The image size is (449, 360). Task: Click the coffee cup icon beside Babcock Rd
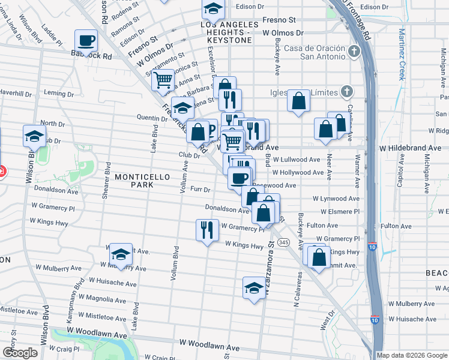coord(86,41)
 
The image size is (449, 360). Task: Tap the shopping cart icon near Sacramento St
coord(163,80)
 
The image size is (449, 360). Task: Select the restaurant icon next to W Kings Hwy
coord(206,230)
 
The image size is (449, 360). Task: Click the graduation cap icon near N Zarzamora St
coord(255,287)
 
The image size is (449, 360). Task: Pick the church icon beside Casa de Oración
coord(354,50)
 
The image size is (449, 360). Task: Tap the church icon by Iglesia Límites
coord(345,91)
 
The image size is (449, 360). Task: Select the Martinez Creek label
coord(402,56)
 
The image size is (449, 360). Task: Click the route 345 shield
coord(284,242)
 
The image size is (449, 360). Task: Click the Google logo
coord(19,353)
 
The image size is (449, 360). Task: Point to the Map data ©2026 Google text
coord(411,355)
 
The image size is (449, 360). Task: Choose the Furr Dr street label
coord(199,190)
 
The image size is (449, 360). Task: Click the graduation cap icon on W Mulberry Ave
coord(121,255)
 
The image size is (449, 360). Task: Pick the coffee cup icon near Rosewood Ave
coord(240,178)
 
